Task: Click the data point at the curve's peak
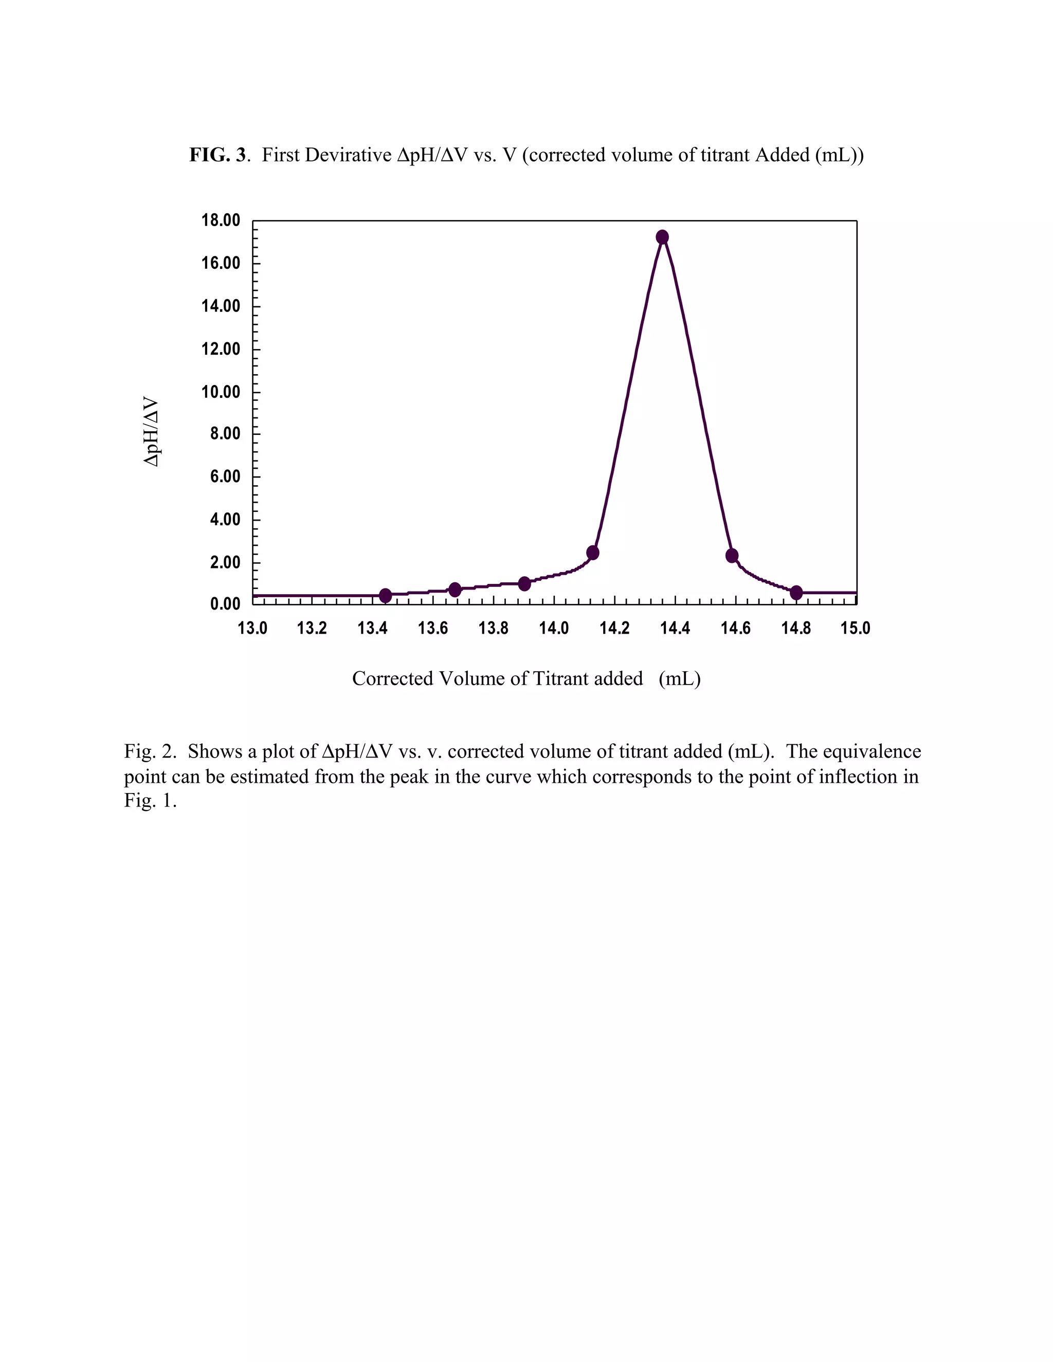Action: (x=662, y=237)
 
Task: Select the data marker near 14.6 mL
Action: (x=732, y=556)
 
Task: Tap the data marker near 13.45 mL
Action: (x=386, y=596)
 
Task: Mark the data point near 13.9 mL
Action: (x=524, y=584)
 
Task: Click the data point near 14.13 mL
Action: (x=593, y=553)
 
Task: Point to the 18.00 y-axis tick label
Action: (x=220, y=220)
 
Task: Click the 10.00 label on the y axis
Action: (x=220, y=392)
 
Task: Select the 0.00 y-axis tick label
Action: (x=225, y=604)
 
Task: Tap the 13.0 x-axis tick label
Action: (x=252, y=628)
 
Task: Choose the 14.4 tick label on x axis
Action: (x=675, y=628)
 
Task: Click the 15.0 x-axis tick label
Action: (x=855, y=628)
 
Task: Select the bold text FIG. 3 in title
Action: (x=217, y=155)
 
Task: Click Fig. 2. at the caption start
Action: (x=150, y=751)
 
